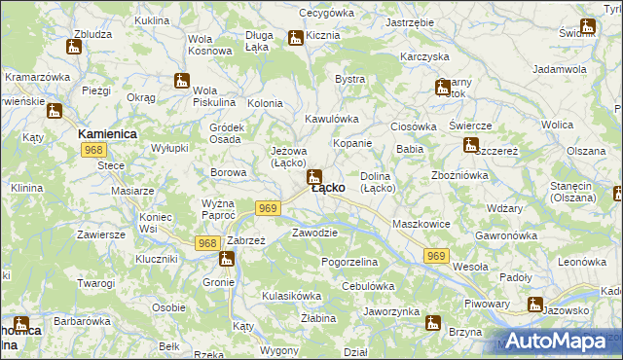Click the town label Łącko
(327, 189)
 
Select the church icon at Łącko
(313, 177)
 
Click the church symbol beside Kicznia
(295, 38)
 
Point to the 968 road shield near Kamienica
(94, 149)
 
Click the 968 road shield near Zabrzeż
(206, 243)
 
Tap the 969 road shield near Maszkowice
(436, 255)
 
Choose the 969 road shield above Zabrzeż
(270, 208)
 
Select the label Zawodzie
(314, 234)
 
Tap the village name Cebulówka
(368, 286)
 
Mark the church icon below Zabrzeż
(227, 259)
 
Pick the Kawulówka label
(332, 119)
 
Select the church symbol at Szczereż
(471, 146)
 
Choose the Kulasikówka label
(291, 296)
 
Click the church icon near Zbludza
(74, 46)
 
